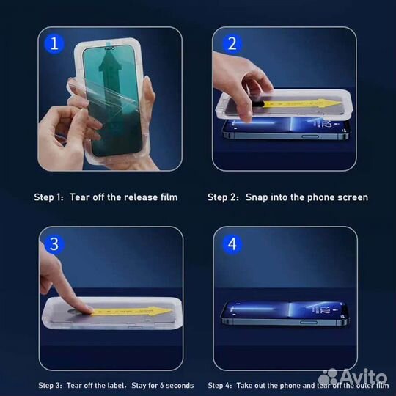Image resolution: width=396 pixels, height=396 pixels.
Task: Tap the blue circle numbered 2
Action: coord(232,43)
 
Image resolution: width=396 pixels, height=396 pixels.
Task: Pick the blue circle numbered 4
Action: coord(232,243)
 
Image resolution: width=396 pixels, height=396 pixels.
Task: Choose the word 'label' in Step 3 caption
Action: coord(112,386)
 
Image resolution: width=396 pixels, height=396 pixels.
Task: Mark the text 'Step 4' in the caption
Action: coord(219,386)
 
